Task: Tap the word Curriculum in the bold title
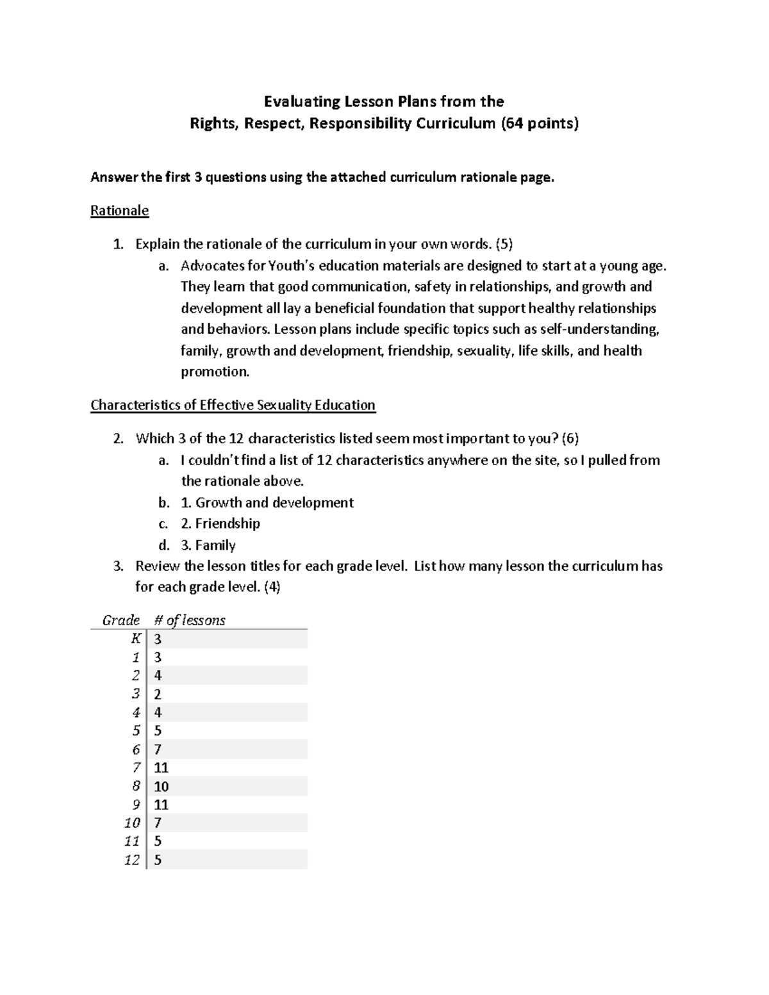pos(456,123)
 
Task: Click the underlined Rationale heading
pos(119,211)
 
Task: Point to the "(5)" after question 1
pos(504,244)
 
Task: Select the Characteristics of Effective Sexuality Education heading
pos(233,405)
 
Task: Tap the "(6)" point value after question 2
pos(570,439)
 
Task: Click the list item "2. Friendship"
pos(220,523)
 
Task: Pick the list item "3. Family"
pos(208,545)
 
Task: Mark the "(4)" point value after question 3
pos(272,587)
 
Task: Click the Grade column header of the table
pos(121,620)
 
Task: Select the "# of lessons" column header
pos(190,620)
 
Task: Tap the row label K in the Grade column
pos(135,639)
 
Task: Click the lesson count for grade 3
pos(158,695)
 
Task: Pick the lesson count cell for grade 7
pos(161,768)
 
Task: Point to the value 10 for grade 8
pos(161,786)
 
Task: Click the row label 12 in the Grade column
pos(132,860)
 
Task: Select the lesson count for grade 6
pos(158,750)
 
